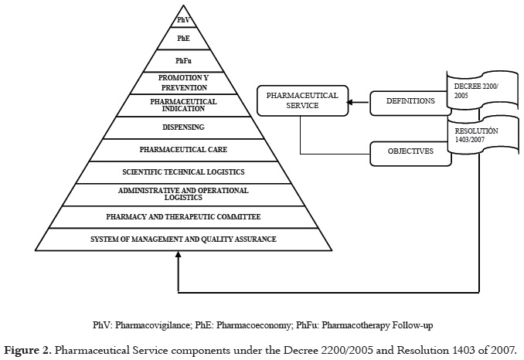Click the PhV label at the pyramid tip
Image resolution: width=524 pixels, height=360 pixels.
click(182, 19)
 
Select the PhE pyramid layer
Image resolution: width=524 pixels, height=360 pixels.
click(182, 36)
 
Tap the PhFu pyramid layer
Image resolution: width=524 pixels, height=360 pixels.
click(182, 60)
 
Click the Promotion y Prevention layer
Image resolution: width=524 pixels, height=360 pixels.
click(182, 82)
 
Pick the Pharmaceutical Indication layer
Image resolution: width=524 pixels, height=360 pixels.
click(182, 104)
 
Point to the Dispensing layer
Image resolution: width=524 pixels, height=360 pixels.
click(182, 127)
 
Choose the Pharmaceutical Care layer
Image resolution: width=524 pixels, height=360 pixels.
click(182, 149)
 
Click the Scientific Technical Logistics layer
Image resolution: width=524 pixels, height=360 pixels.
click(182, 172)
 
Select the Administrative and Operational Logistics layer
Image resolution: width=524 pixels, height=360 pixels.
click(182, 193)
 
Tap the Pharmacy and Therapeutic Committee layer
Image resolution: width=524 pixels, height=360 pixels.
click(182, 217)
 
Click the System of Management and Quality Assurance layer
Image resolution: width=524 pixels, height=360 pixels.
click(182, 239)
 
